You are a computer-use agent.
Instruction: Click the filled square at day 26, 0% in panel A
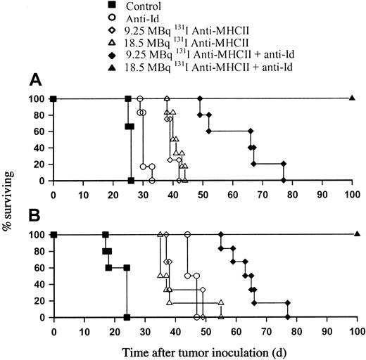pos(131,181)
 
